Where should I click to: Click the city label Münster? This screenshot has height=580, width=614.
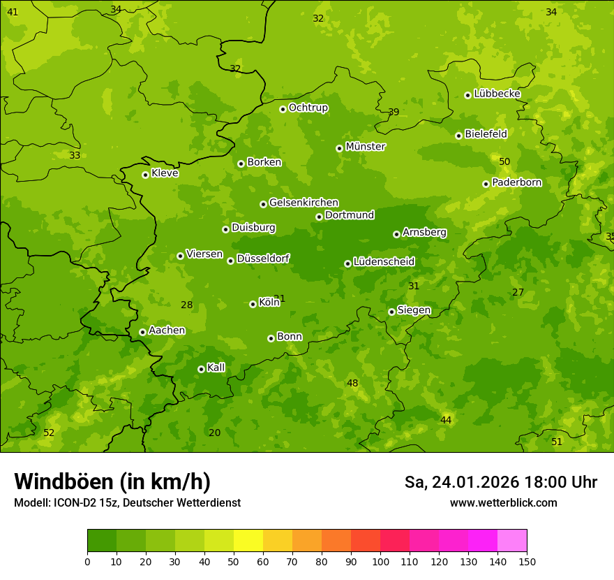[x=365, y=147]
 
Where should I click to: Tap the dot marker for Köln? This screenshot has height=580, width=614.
[x=253, y=304]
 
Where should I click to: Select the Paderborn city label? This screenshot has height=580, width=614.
[x=516, y=182]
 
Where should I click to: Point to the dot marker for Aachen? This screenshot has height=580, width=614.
[x=142, y=332]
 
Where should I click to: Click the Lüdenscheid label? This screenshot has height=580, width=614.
[x=384, y=262]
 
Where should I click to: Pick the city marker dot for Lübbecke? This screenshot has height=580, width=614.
[x=467, y=95]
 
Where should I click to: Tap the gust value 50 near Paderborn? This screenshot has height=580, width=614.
[x=504, y=161]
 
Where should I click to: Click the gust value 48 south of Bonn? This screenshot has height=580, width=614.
[x=352, y=383]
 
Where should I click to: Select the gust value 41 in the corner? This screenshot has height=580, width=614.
[x=13, y=12]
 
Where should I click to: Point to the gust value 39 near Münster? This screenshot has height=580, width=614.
[x=394, y=112]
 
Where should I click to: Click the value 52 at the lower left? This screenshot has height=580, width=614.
[x=49, y=433]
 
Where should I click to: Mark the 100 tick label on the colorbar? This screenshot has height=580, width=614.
[x=380, y=561]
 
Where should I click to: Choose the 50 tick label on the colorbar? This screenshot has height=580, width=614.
[x=234, y=561]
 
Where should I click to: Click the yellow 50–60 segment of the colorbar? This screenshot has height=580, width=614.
[x=248, y=541]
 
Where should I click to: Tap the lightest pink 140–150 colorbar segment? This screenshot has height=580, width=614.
[x=512, y=541]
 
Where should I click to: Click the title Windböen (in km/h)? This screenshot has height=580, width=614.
[x=112, y=481]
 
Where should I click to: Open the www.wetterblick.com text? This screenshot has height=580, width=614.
[x=503, y=502]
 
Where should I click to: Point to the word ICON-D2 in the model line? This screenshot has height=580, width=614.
[x=73, y=502]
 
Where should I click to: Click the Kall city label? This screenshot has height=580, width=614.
[x=216, y=368]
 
